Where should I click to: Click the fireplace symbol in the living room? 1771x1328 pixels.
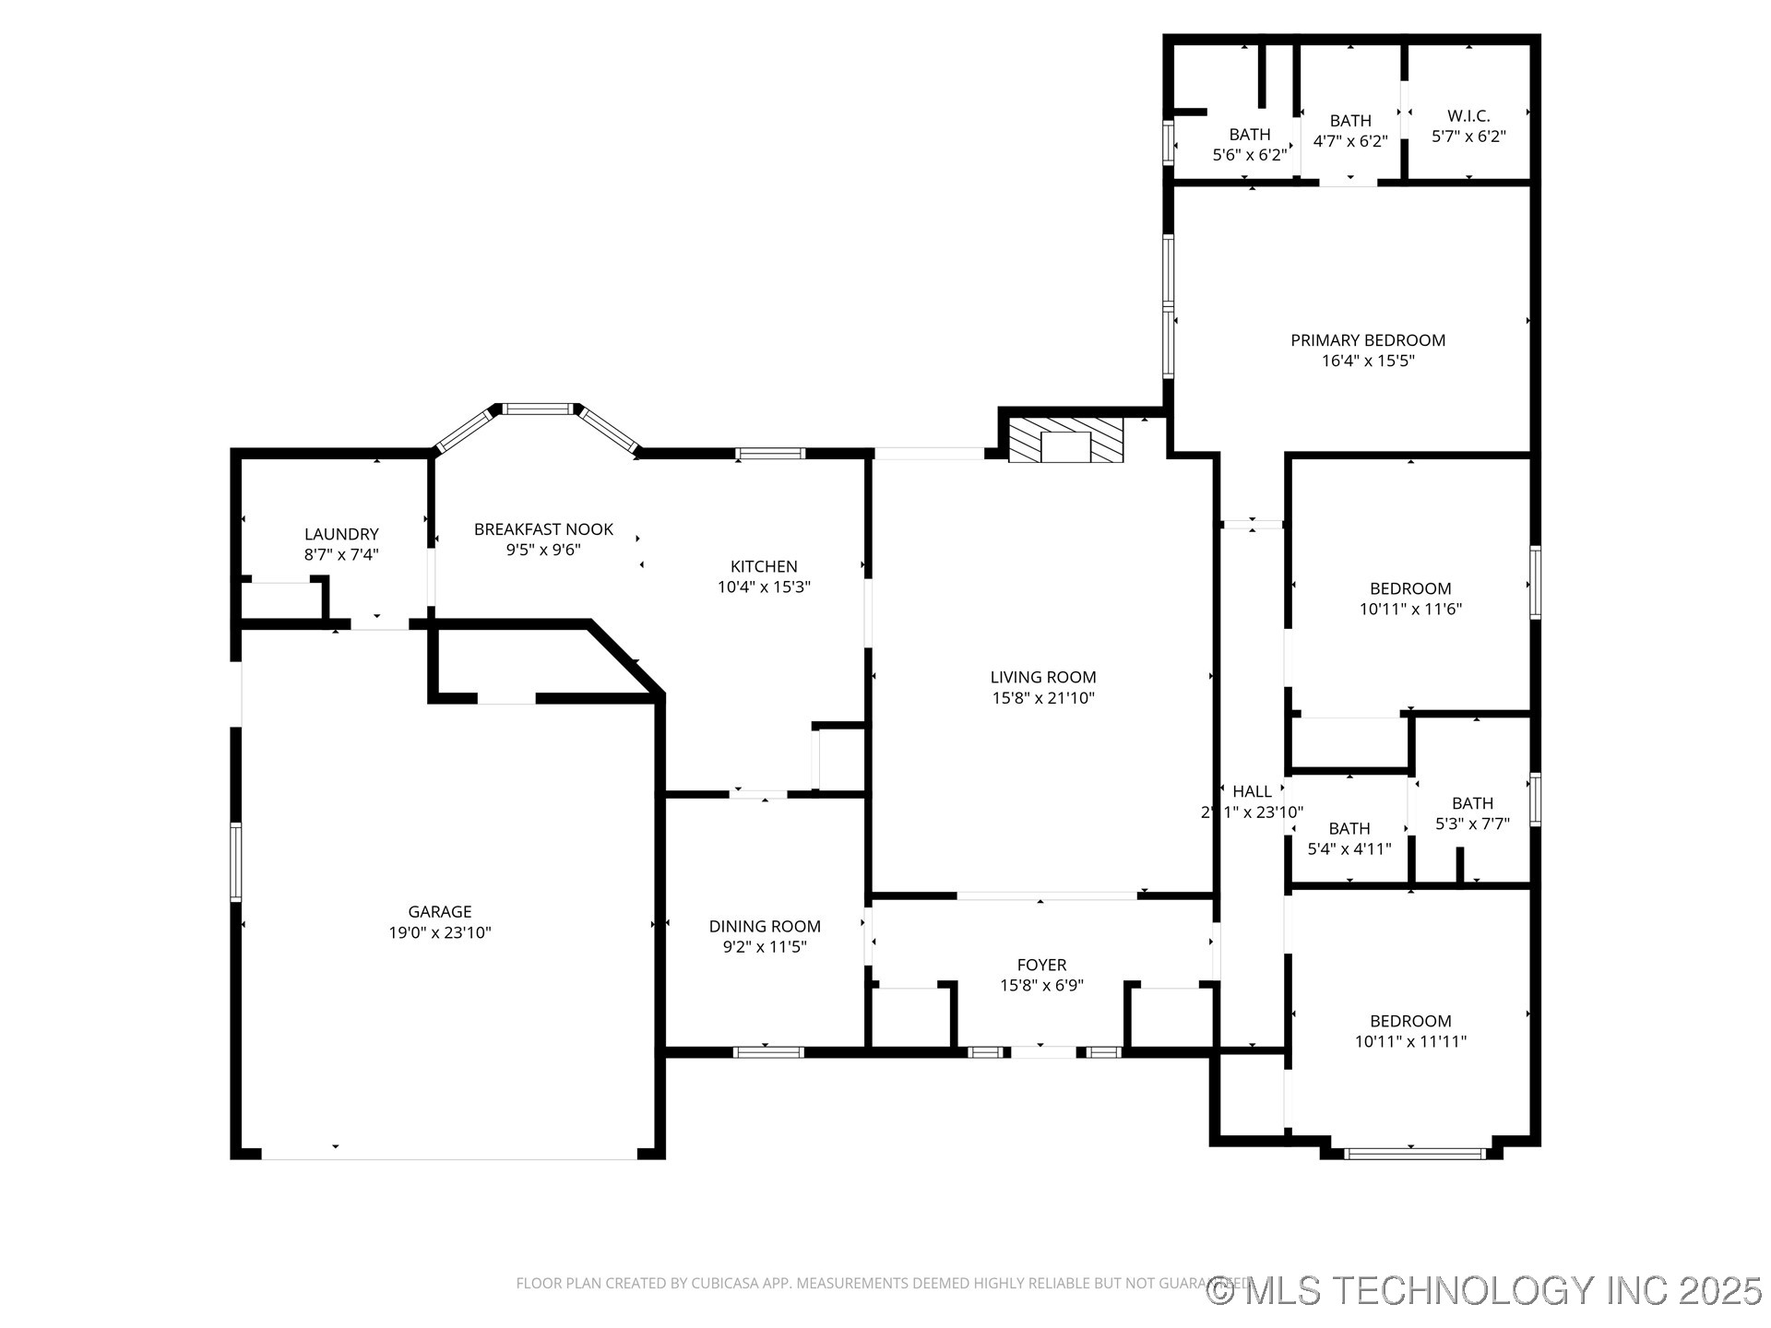click(x=1065, y=441)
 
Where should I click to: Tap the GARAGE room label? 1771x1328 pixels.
click(x=440, y=911)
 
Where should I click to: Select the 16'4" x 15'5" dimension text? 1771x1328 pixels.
click(x=1368, y=361)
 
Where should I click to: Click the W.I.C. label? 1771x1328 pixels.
click(x=1468, y=116)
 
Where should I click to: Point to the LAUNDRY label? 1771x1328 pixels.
click(x=341, y=534)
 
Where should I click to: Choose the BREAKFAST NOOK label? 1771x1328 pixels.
click(x=543, y=529)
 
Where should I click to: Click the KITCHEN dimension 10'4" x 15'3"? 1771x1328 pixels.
click(x=764, y=587)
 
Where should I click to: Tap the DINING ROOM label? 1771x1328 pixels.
click(x=765, y=926)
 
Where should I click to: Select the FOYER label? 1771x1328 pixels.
click(x=1041, y=965)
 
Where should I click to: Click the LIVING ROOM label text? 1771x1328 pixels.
click(x=1043, y=677)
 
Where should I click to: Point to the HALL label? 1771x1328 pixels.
click(x=1252, y=791)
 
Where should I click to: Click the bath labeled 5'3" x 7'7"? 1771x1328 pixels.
click(x=1472, y=813)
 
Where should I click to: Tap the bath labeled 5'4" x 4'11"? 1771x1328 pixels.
click(x=1349, y=838)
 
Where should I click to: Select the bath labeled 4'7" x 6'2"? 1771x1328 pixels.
click(x=1350, y=131)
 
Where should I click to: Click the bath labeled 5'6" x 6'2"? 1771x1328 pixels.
click(x=1250, y=145)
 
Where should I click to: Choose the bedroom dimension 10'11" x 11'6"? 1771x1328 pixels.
click(x=1410, y=609)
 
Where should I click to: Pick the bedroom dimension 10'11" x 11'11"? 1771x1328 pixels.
click(x=1410, y=1041)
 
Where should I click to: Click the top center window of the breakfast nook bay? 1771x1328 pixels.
click(x=538, y=409)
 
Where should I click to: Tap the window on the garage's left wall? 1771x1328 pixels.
click(x=235, y=861)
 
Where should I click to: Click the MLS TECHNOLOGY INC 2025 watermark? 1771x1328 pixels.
click(x=1485, y=1290)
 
